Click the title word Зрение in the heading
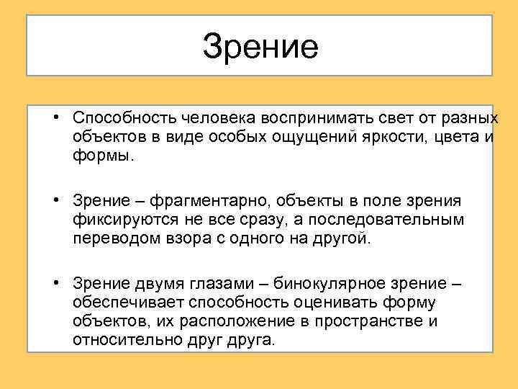(260, 45)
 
